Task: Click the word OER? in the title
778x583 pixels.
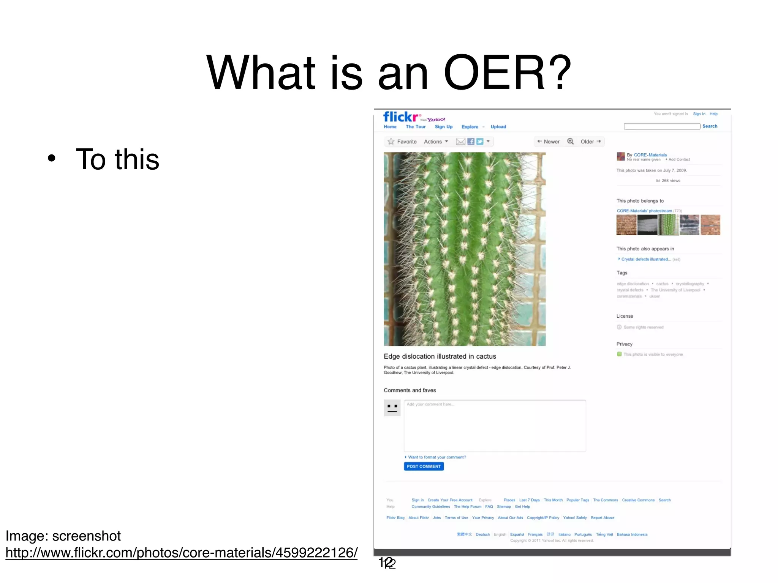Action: [507, 73]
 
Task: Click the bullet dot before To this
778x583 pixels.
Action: [52, 158]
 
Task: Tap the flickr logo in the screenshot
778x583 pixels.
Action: [401, 117]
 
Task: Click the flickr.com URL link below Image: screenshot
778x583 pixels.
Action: [181, 553]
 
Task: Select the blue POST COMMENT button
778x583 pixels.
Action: [424, 466]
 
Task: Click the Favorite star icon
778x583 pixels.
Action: [391, 142]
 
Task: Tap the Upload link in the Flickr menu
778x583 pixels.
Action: [498, 127]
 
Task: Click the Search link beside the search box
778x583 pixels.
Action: [710, 126]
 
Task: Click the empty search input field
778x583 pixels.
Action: [662, 126]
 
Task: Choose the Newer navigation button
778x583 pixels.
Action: [548, 142]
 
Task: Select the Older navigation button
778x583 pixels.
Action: [590, 142]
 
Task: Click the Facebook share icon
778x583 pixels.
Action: [471, 142]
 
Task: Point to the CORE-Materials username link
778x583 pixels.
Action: [650, 155]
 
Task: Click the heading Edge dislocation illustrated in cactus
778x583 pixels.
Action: [440, 356]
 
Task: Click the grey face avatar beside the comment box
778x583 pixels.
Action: [392, 408]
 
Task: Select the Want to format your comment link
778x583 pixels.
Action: [437, 457]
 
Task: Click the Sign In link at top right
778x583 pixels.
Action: [699, 114]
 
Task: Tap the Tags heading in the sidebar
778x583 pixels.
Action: [622, 273]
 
